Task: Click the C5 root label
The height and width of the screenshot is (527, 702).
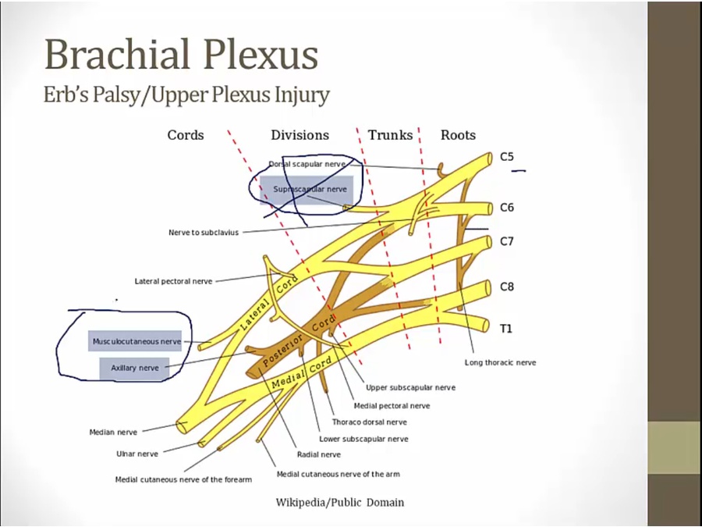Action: [507, 157]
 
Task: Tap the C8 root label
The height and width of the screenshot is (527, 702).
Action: [507, 287]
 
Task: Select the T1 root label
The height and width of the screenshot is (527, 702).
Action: [506, 329]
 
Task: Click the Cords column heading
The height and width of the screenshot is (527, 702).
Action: [186, 135]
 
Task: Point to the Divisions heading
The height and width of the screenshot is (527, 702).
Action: [300, 135]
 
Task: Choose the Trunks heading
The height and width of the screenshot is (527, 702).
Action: [390, 135]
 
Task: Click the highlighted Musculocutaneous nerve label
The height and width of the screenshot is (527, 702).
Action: [136, 341]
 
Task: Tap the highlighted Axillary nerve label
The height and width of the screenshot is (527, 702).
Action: [134, 368]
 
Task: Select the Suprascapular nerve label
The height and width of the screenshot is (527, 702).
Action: [310, 189]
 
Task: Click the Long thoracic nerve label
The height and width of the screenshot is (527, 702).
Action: [500, 362]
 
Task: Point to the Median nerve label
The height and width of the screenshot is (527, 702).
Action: [113, 432]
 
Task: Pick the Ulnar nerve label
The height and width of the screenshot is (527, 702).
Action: [137, 454]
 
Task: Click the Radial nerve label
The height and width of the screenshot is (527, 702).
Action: [318, 454]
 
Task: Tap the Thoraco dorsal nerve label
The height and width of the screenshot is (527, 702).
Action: [369, 422]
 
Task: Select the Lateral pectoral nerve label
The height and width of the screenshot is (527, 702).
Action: [173, 281]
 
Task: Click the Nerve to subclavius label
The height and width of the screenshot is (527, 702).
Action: [204, 233]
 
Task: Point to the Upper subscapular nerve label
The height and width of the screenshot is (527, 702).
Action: [410, 387]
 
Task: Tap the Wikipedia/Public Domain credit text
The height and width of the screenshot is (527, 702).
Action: [340, 502]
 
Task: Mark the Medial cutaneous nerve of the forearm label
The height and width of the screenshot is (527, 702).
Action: [183, 479]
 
